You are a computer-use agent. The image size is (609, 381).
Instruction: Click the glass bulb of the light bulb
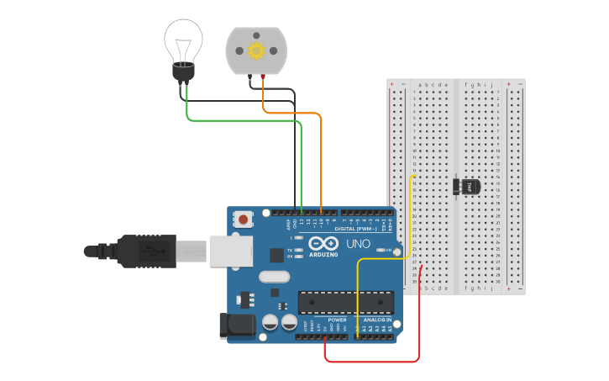[x=183, y=38]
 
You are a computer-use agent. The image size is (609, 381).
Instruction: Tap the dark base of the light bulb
[x=183, y=71]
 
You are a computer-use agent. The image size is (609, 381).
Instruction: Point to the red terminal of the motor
[x=263, y=77]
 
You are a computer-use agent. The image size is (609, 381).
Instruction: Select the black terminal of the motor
[x=250, y=77]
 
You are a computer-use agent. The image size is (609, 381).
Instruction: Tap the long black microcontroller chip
[x=345, y=302]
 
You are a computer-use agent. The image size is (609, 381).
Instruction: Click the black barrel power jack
[x=237, y=327]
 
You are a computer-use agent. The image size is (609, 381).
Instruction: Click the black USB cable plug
[x=147, y=251]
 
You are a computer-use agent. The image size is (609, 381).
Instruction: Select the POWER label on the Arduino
[x=337, y=320]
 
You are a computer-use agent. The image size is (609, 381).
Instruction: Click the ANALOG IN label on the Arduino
[x=377, y=320]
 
